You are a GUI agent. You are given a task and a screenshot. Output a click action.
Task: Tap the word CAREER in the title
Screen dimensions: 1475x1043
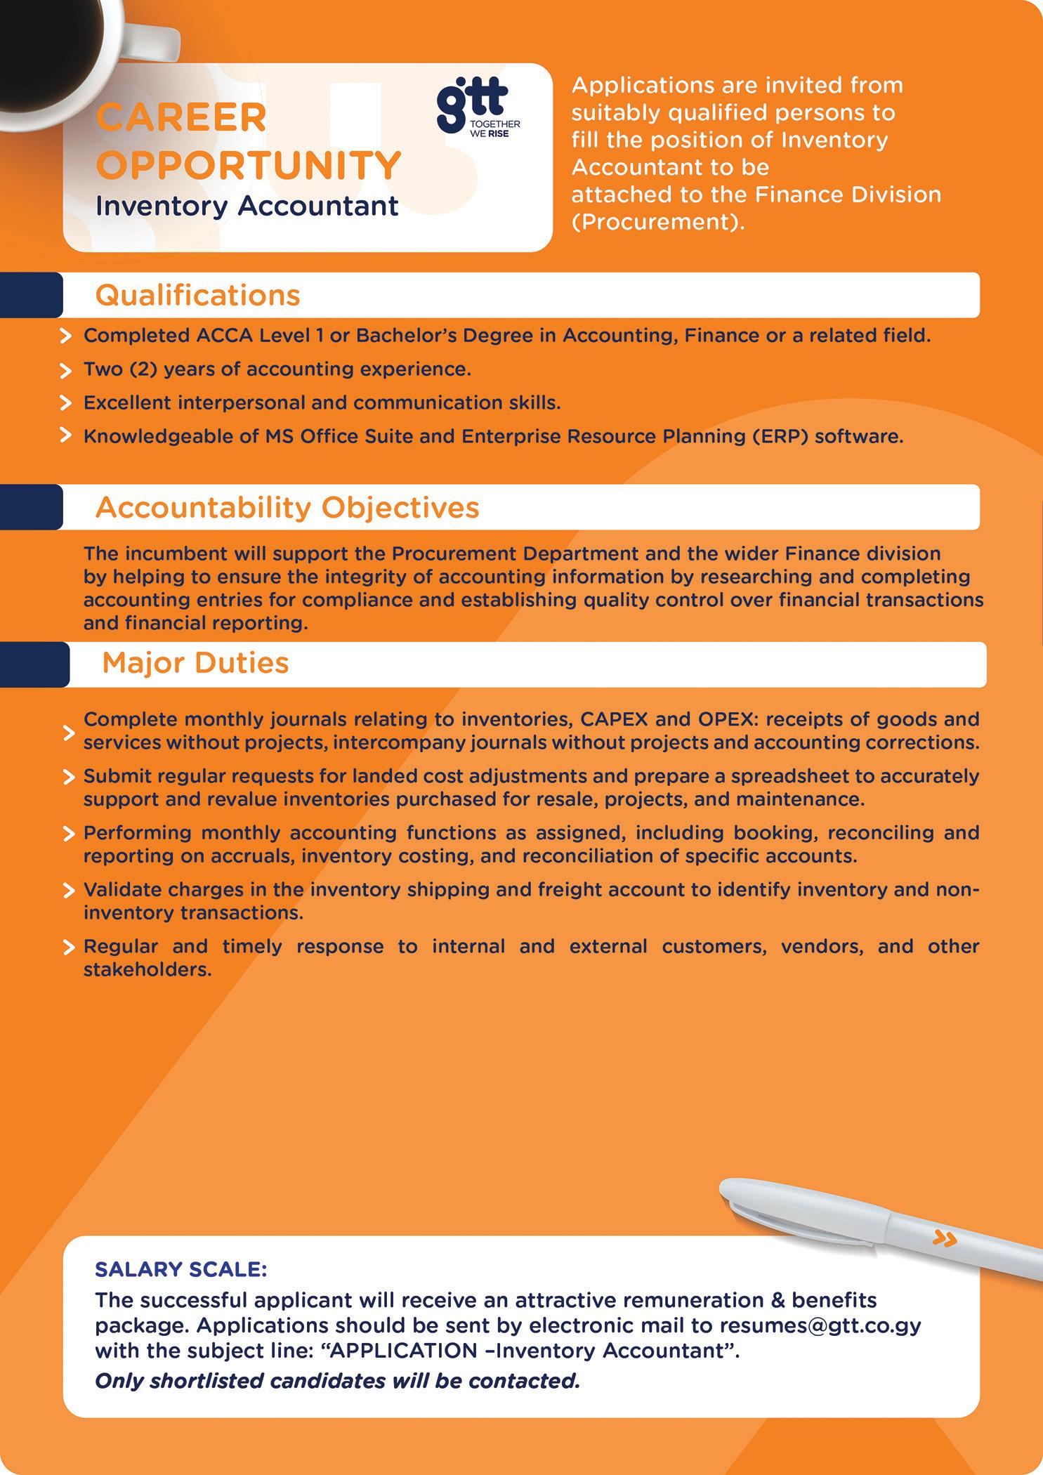pos(181,117)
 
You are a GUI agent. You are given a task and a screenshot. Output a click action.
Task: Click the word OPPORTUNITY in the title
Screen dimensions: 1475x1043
pos(249,165)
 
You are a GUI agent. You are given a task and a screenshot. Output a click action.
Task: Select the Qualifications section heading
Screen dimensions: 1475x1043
pos(197,296)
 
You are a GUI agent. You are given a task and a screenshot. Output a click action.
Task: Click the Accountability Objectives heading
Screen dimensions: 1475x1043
pos(287,507)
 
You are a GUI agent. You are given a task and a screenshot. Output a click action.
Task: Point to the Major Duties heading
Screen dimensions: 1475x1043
pos(195,663)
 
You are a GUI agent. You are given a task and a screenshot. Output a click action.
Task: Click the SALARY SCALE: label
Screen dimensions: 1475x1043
pos(181,1270)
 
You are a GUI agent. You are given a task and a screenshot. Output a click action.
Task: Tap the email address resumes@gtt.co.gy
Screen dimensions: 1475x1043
pos(820,1325)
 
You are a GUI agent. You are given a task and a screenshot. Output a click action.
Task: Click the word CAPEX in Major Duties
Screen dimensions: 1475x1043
pos(619,720)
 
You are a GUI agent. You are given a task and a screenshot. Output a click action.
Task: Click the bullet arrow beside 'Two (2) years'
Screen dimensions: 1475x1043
pos(66,370)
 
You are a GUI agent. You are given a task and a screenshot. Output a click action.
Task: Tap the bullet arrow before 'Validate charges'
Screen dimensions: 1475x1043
pos(69,891)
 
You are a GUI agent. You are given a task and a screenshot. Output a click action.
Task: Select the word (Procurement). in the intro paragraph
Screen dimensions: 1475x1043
pos(657,222)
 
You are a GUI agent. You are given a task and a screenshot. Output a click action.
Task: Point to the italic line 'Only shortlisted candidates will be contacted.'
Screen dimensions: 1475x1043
pos(337,1381)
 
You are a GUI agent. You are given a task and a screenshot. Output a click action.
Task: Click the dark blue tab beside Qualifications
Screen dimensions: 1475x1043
pos(31,296)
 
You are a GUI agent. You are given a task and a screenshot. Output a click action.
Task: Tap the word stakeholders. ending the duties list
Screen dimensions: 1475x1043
pos(147,970)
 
